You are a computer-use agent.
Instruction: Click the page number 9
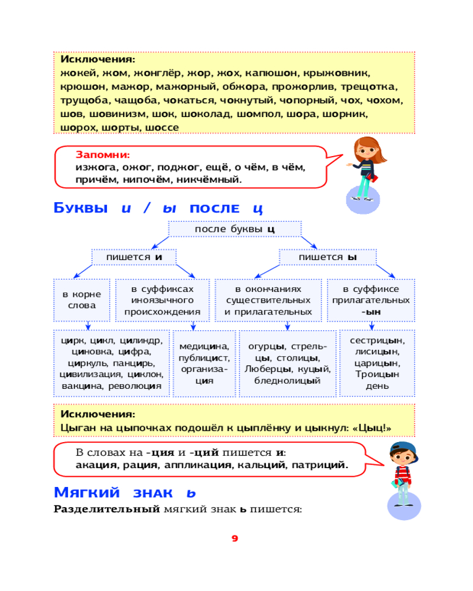(x=235, y=538)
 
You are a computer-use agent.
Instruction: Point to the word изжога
(x=93, y=168)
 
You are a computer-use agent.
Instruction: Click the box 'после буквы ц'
(x=235, y=229)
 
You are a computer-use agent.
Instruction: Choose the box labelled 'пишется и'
(x=134, y=257)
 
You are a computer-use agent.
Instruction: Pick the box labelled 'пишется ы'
(x=328, y=257)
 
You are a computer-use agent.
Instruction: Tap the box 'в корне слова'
(x=82, y=300)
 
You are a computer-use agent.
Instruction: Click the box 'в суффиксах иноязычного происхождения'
(x=162, y=300)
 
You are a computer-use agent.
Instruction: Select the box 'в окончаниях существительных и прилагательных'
(x=268, y=300)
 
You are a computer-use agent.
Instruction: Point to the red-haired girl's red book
(x=372, y=177)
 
